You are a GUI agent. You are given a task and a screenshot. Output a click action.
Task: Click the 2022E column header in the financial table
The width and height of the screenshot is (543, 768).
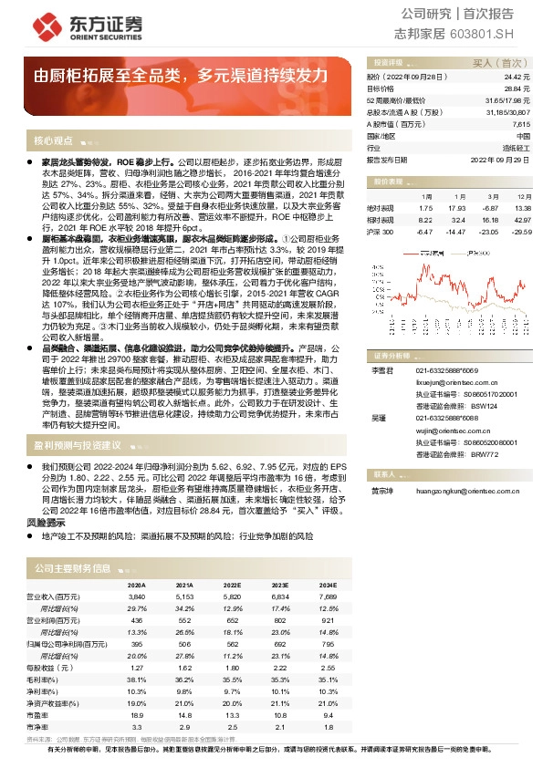coord(232,585)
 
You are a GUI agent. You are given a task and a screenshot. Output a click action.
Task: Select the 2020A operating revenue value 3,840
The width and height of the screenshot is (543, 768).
coord(137,595)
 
